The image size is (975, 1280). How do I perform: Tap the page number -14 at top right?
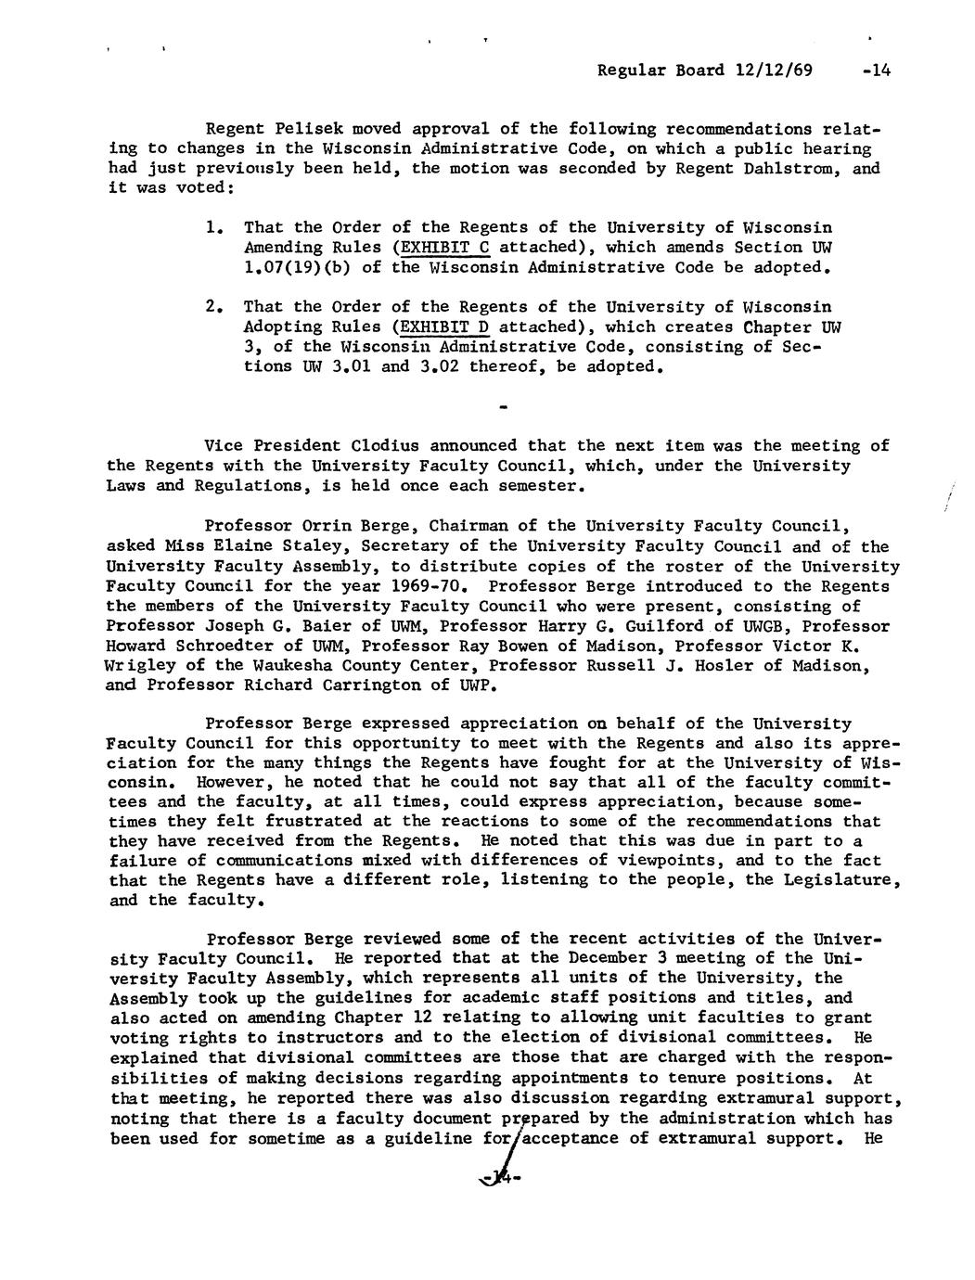(875, 70)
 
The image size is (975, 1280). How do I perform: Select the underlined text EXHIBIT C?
(444, 248)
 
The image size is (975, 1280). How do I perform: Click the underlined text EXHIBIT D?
(444, 326)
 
